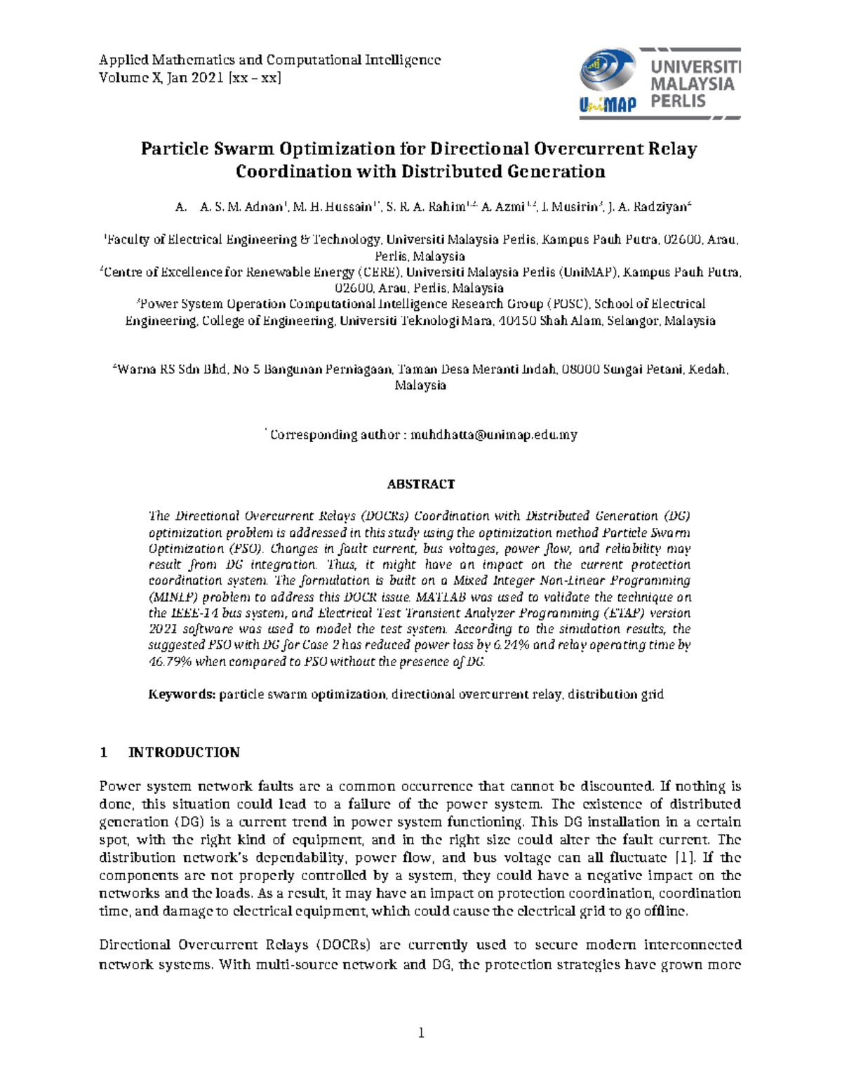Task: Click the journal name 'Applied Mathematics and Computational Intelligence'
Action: coord(269,60)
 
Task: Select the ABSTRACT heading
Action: coord(421,484)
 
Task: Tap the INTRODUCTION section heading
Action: coord(184,752)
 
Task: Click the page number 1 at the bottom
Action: coord(421,1032)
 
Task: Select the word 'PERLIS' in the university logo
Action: coord(678,102)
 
